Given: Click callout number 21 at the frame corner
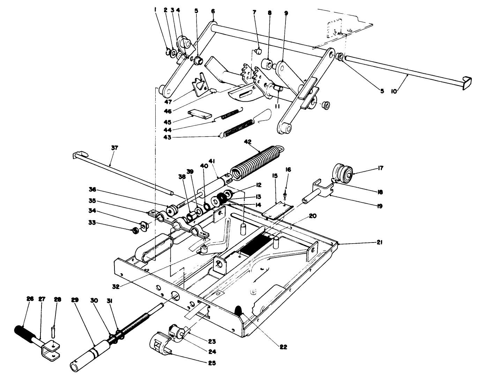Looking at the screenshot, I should tap(379, 241).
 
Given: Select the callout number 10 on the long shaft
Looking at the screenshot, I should tap(394, 91).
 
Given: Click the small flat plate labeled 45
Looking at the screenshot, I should tap(200, 115).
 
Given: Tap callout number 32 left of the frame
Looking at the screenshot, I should tap(116, 286).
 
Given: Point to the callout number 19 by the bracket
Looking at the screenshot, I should tap(379, 206).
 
